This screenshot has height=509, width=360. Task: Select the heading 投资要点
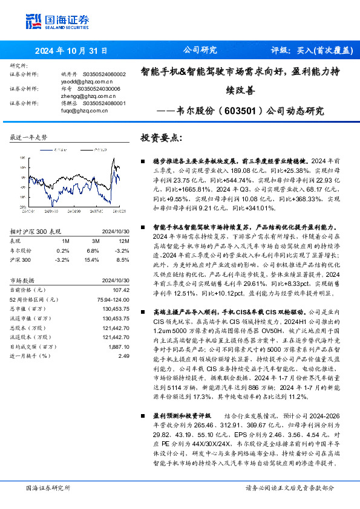click(160, 137)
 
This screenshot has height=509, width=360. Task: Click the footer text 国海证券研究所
click(49, 488)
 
